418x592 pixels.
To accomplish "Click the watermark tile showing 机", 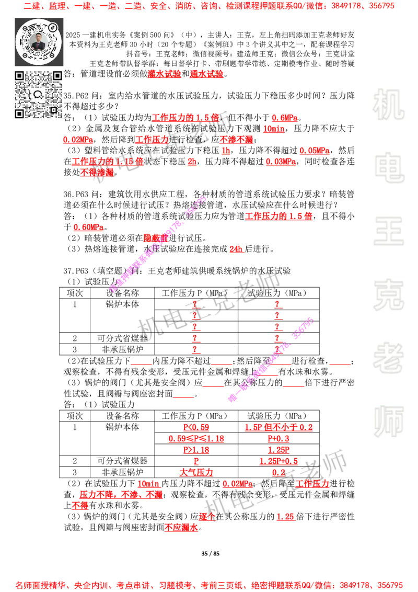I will click(388, 105).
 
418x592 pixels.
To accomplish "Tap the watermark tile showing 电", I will click(390, 167).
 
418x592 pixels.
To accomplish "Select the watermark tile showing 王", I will click(388, 232).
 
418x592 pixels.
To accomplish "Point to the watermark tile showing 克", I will click(388, 295).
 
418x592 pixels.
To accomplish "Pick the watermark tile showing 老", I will click(388, 358).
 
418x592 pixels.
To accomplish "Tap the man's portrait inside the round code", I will click(38, 42).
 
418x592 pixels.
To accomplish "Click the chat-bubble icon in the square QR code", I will click(38, 95).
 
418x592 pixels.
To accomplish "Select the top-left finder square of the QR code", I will click(19, 76).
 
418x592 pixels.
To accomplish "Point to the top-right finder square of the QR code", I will click(57, 76).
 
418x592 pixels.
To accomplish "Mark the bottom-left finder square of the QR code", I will click(19, 113).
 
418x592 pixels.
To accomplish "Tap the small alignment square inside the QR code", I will click(53, 110).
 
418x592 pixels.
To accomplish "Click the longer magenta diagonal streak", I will click(157, 245).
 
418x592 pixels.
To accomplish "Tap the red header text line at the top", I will click(209, 7).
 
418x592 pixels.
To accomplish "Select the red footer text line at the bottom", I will click(209, 585).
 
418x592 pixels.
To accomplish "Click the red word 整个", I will click(207, 517).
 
